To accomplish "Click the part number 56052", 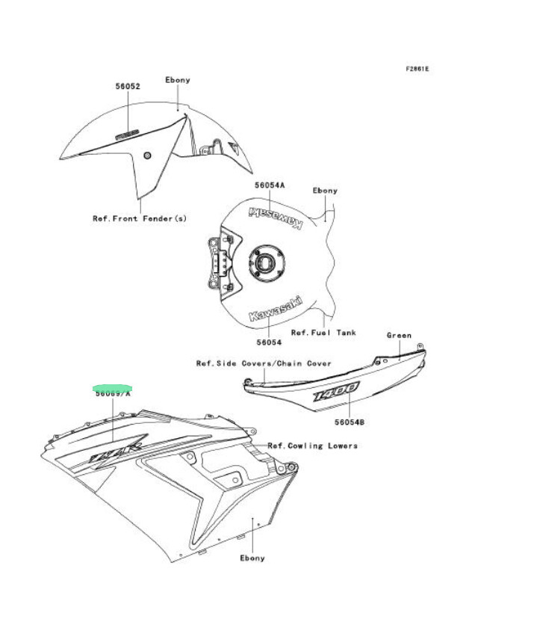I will click(x=128, y=86).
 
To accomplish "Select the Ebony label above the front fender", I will click(x=177, y=80).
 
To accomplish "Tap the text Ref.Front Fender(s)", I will click(x=139, y=218).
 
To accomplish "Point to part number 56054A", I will click(x=270, y=185).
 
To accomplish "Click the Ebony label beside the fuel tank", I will click(x=324, y=191).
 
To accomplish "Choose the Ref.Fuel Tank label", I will click(x=323, y=332).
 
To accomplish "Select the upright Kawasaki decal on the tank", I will click(x=276, y=310).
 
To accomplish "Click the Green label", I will click(x=399, y=336).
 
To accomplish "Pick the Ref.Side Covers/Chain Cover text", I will click(x=264, y=363).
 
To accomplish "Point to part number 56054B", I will click(x=350, y=422).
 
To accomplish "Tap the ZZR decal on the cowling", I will click(x=114, y=451).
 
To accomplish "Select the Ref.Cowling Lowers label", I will click(x=312, y=446).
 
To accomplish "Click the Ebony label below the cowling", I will click(x=252, y=558).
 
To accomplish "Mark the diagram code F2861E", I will click(x=418, y=69).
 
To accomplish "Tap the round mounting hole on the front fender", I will click(x=147, y=155).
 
